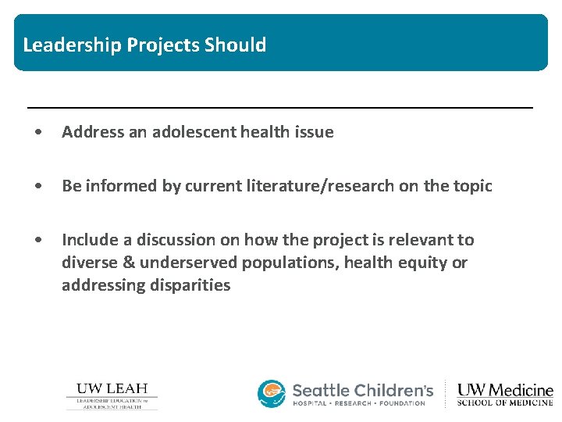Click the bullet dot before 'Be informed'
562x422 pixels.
pyautogui.click(x=39, y=186)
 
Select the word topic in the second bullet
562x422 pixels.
pyautogui.click(x=471, y=186)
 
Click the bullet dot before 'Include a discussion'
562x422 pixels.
pyautogui.click(x=39, y=240)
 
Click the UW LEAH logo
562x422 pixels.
pyautogui.click(x=112, y=395)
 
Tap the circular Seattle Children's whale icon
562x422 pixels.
pyautogui.click(x=272, y=394)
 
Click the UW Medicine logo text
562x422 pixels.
pyautogui.click(x=505, y=394)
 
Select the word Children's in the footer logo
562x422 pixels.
pyautogui.click(x=393, y=390)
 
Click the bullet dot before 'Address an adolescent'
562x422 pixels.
pyautogui.click(x=39, y=132)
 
